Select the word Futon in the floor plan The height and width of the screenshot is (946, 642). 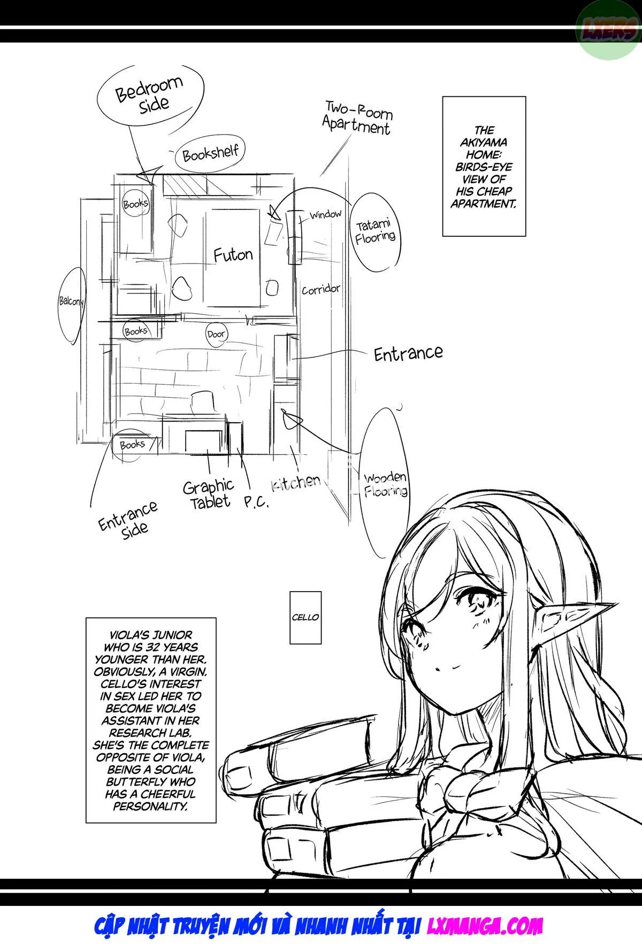coord(233,254)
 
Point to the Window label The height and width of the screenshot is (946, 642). coord(326,215)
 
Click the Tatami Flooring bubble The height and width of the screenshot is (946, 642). coord(375,231)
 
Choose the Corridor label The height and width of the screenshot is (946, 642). coord(321,290)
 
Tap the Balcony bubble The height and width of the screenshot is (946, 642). coord(71,302)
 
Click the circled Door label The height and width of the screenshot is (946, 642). coord(216,334)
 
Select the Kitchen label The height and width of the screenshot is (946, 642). coord(296,482)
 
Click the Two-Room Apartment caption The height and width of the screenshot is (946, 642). coord(357,119)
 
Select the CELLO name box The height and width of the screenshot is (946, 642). coord(305,617)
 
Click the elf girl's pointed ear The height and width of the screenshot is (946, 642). coord(578,615)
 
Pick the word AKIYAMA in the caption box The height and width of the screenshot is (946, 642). coord(484,143)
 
